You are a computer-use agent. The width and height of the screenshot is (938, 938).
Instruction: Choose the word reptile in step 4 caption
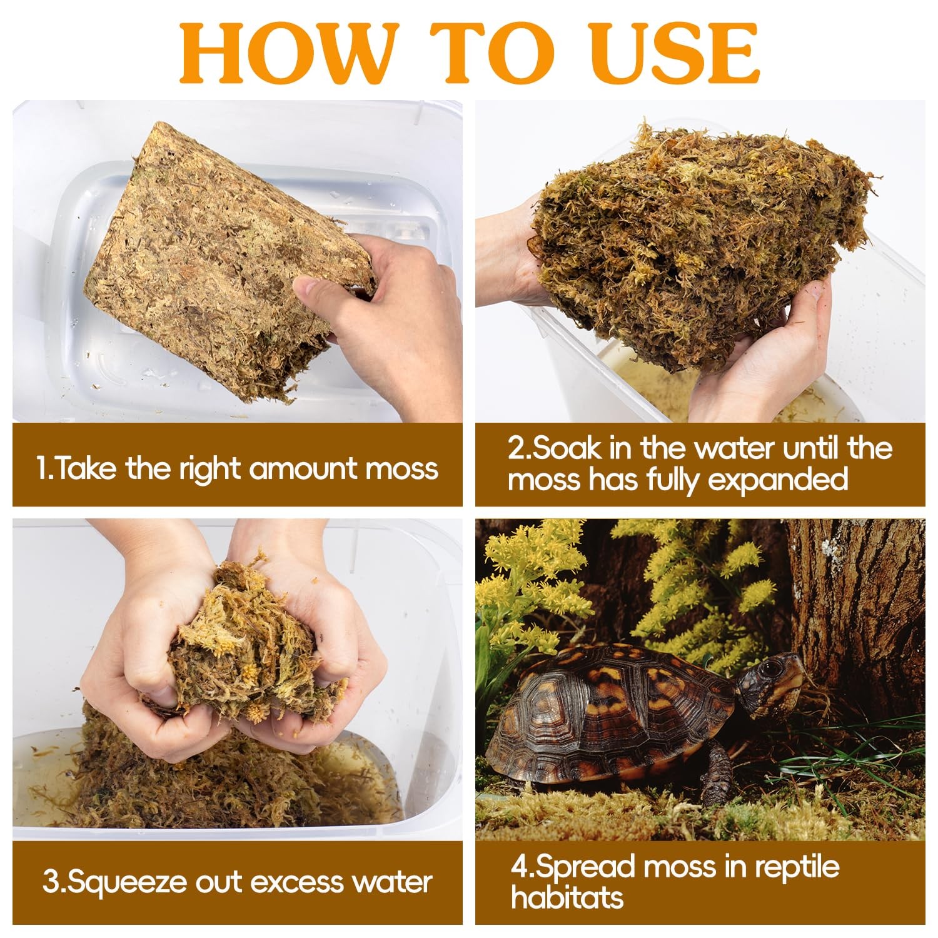coord(797,867)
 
